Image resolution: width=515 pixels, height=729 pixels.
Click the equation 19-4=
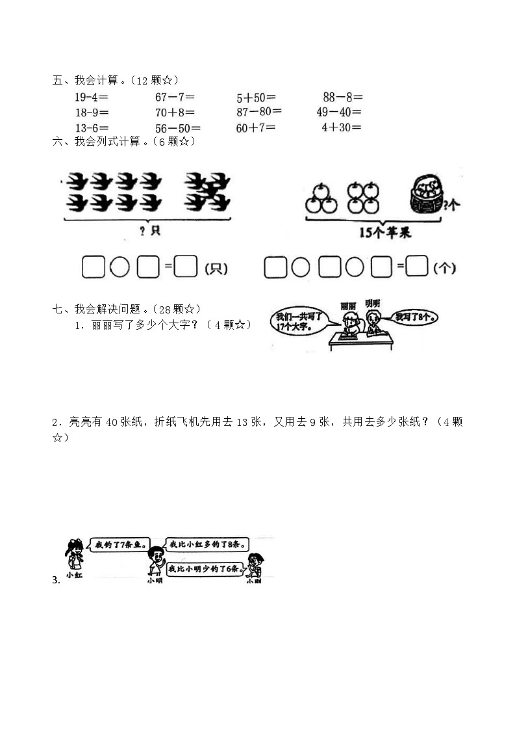tap(92, 98)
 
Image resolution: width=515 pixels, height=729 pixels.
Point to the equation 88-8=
tap(342, 98)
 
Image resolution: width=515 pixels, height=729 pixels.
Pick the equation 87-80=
tap(258, 112)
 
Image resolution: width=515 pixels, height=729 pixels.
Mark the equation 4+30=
tap(342, 127)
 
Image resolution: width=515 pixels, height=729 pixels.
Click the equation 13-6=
tap(92, 128)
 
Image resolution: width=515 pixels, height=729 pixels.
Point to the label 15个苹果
tap(384, 233)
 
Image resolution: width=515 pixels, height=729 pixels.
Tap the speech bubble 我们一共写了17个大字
tap(301, 322)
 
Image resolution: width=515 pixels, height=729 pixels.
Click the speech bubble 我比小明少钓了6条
tap(205, 569)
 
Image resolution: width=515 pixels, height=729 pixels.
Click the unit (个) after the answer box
tap(446, 267)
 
